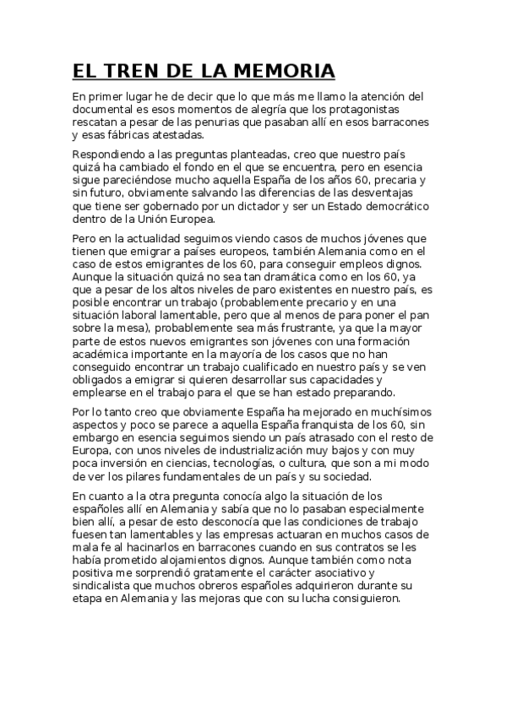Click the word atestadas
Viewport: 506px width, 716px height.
click(173, 134)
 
